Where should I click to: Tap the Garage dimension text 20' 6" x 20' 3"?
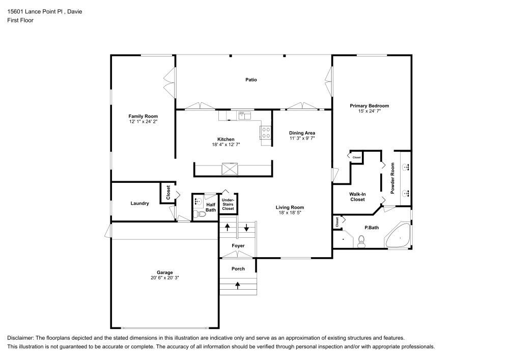[x=165, y=278]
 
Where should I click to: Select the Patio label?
[x=251, y=79]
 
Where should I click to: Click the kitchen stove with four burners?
[x=266, y=133]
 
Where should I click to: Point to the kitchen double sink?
[x=245, y=116]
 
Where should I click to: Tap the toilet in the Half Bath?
[x=199, y=214]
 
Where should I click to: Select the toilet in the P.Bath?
[x=362, y=241]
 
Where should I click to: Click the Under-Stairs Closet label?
[x=228, y=205]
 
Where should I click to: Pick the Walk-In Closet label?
[x=357, y=197]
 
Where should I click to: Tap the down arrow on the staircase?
[x=247, y=227]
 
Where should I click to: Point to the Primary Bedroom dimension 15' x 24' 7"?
[x=369, y=111]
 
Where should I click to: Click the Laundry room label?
[x=139, y=204]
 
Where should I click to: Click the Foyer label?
[x=238, y=246]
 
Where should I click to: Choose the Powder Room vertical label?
[x=393, y=178]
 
